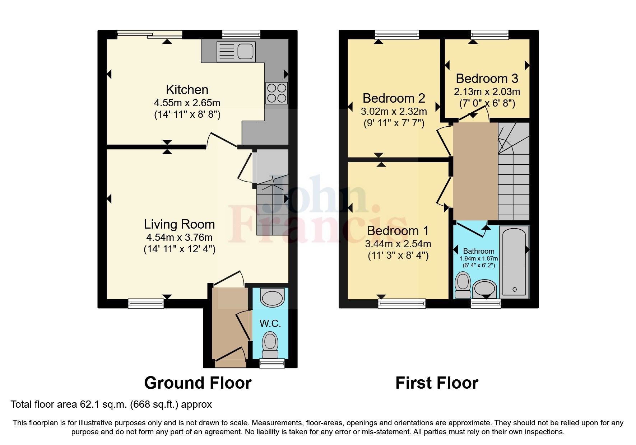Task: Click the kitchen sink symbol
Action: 236,51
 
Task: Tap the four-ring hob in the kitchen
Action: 277,93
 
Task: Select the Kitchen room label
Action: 187,89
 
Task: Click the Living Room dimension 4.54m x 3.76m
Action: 179,237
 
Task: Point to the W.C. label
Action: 270,323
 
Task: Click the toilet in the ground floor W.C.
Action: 270,344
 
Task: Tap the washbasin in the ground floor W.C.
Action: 272,298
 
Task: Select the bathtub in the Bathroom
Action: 514,262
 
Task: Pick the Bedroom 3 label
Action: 487,78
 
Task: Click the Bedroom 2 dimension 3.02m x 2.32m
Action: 394,111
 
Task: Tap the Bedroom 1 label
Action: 398,230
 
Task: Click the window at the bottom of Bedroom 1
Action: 401,304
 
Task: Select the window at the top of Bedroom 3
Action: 489,34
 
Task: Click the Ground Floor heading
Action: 198,383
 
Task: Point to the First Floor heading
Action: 437,383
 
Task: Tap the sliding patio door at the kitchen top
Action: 150,34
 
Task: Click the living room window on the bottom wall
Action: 146,304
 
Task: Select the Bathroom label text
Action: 478,251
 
